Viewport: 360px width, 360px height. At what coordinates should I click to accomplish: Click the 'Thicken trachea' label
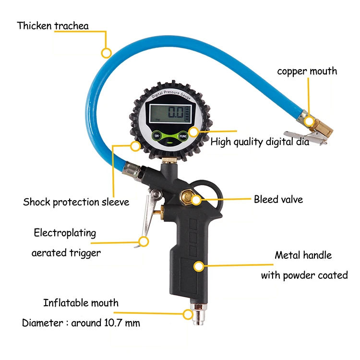(x=53, y=25)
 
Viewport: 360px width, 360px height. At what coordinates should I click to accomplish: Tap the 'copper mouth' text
(x=307, y=71)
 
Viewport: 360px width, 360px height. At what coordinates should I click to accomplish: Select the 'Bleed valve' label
(x=278, y=199)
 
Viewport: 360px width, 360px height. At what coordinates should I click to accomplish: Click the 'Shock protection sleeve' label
(x=76, y=202)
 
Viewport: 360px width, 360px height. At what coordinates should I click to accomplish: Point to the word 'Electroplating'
(x=65, y=233)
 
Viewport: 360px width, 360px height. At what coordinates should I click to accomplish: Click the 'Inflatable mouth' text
(x=81, y=303)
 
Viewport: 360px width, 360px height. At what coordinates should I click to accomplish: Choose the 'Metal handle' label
(x=303, y=255)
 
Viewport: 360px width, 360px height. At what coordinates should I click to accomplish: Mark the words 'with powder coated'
(x=304, y=276)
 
